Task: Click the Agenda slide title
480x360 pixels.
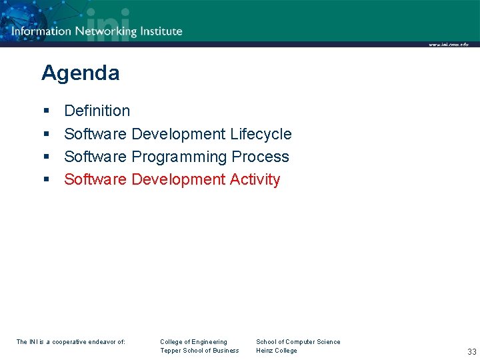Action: (x=80, y=73)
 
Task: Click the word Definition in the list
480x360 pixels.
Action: (x=97, y=111)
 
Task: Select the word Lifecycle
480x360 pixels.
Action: (x=261, y=134)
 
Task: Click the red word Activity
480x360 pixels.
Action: (x=255, y=179)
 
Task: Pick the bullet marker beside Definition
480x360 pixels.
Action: (x=46, y=111)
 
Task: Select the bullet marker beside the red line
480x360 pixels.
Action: (x=46, y=180)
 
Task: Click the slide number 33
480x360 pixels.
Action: (x=471, y=351)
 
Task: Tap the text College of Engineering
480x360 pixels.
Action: (x=193, y=342)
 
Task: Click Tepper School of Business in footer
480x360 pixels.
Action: (x=199, y=351)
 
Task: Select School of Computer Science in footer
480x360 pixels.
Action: (x=298, y=342)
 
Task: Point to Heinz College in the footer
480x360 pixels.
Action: (x=277, y=351)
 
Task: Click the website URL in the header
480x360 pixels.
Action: (x=448, y=45)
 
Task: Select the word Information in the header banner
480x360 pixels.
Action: (x=41, y=31)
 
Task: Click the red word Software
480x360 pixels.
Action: (x=95, y=179)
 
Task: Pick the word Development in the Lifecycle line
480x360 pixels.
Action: (x=179, y=134)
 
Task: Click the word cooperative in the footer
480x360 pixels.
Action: (x=72, y=342)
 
